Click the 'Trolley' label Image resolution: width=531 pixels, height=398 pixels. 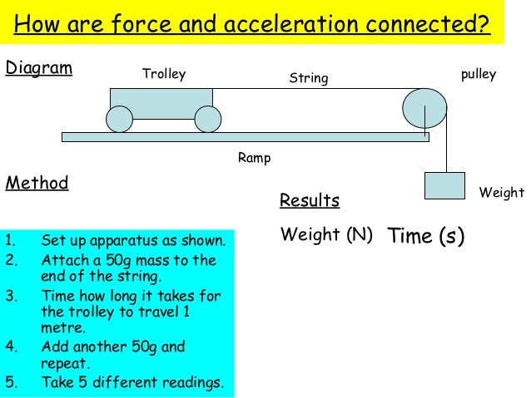point(164,75)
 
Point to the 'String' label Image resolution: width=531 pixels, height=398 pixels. point(309,79)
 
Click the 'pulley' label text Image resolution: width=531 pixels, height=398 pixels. point(478,75)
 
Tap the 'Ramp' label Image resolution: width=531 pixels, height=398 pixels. point(254,158)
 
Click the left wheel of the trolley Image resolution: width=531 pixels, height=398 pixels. point(119,120)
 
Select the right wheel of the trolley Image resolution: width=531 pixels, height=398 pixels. point(208,120)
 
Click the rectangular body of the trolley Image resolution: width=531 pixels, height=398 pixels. point(161,102)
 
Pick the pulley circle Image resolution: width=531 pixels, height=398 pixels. point(424,108)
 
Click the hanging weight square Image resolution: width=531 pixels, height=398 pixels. point(444,185)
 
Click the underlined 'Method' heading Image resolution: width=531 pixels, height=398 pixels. point(37,183)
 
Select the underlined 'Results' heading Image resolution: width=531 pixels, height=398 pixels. point(309,201)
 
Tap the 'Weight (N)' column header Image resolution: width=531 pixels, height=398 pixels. point(326,234)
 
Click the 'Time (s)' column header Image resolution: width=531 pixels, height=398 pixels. point(425,236)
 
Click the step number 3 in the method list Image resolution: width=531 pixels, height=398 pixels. point(9,296)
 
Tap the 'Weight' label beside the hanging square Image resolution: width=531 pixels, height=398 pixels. point(502,193)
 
